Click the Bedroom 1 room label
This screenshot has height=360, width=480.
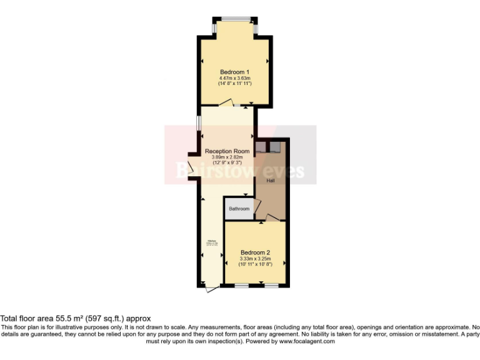click(x=234, y=71)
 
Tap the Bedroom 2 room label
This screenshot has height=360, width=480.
click(x=256, y=252)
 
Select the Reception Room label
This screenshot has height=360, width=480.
click(x=227, y=151)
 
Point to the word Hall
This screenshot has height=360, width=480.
click(x=271, y=181)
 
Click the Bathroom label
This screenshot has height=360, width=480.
click(x=239, y=209)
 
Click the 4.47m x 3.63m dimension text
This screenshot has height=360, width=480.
click(x=234, y=77)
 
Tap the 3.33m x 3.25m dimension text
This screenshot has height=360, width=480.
click(x=256, y=259)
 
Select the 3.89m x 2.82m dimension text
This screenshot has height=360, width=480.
click(x=227, y=157)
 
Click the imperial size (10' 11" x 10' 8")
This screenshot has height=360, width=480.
click(x=256, y=264)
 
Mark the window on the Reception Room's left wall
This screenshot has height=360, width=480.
click(x=199, y=122)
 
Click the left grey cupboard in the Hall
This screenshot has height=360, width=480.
click(x=260, y=147)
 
